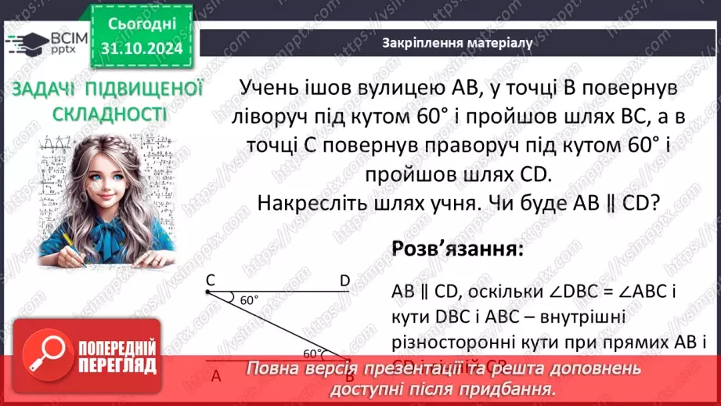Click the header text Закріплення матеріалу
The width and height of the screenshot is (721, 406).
pyautogui.click(x=458, y=43)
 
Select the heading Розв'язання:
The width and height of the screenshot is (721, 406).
pyautogui.click(x=457, y=250)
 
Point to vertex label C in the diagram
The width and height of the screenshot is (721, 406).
pyautogui.click(x=211, y=280)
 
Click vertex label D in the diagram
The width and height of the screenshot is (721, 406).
pyautogui.click(x=344, y=280)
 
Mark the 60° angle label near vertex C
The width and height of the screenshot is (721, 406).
pyautogui.click(x=249, y=300)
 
